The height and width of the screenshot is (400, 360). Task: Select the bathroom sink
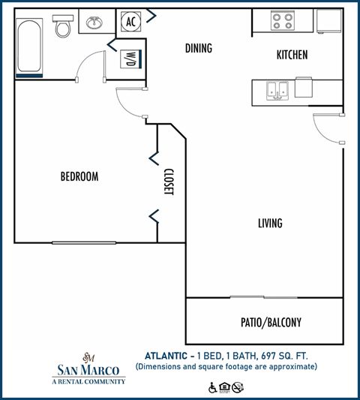click(x=94, y=23)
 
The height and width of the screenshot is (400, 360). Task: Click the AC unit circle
click(x=131, y=22)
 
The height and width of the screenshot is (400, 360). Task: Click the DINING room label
click(x=199, y=49)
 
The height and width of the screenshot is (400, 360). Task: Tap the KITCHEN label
click(x=292, y=56)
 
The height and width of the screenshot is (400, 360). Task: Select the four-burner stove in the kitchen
click(x=282, y=21)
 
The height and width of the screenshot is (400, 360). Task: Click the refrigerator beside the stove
click(x=328, y=21)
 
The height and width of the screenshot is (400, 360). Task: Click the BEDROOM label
click(x=79, y=177)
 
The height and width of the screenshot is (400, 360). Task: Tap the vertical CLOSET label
click(x=169, y=180)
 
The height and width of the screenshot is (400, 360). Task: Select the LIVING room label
click(x=270, y=223)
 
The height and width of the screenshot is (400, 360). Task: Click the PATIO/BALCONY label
click(x=270, y=323)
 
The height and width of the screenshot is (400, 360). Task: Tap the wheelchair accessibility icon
click(x=211, y=387)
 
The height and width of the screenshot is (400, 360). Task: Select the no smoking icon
click(x=238, y=387)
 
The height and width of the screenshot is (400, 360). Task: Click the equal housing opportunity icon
click(x=224, y=387)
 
